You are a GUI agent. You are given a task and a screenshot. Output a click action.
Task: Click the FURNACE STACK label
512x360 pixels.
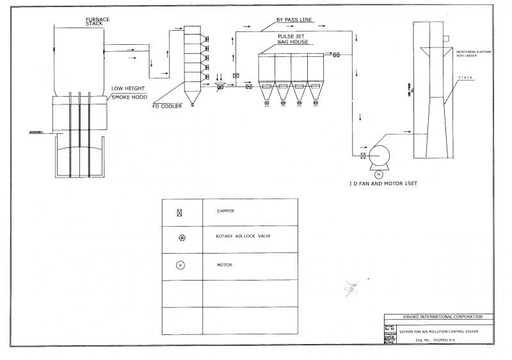point(97,22)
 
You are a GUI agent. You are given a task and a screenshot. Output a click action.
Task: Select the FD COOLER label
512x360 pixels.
point(168,106)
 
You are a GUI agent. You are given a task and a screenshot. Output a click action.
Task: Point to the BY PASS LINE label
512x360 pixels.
point(294,20)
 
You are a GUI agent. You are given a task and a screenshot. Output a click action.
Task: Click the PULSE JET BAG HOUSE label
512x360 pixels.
point(292,39)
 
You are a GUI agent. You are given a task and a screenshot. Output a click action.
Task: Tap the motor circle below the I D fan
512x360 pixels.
point(378,174)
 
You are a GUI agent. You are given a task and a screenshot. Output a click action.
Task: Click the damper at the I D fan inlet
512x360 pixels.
point(363,156)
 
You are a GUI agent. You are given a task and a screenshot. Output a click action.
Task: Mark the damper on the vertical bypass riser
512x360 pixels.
point(236,76)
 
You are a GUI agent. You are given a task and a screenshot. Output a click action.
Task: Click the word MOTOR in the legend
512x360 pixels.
point(225,265)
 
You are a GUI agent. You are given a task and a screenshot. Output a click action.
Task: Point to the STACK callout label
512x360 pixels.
point(465,78)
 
